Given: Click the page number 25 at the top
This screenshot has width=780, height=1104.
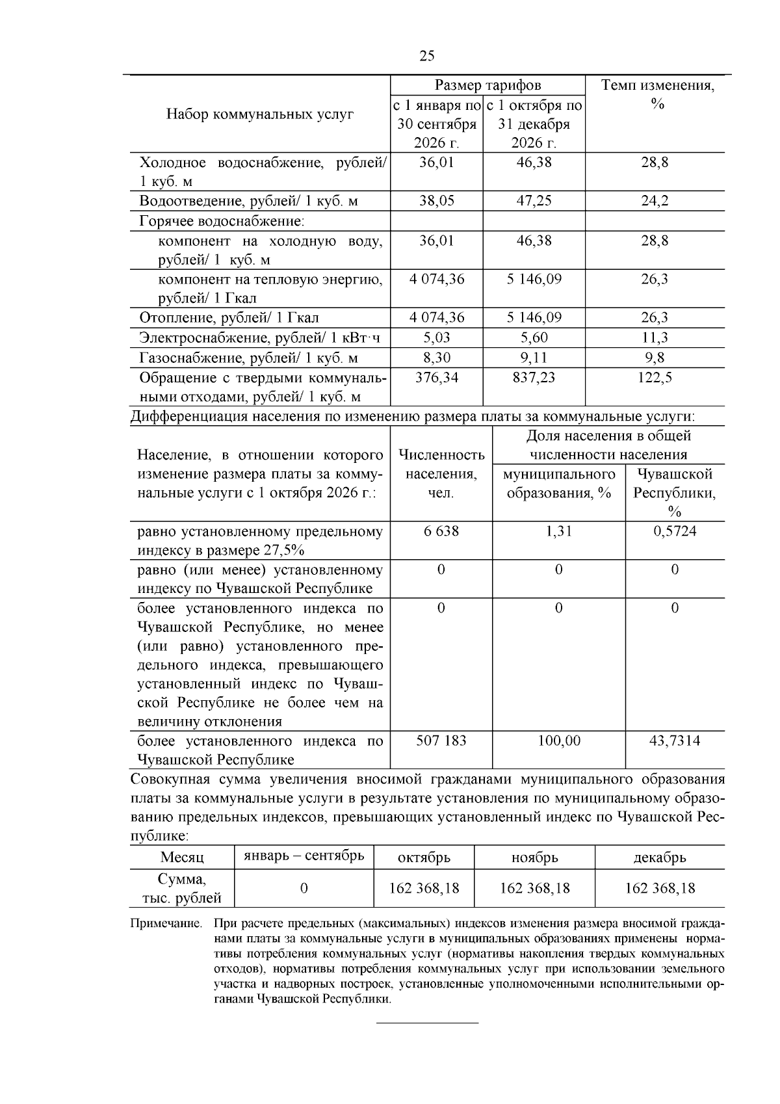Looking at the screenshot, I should click(426, 56).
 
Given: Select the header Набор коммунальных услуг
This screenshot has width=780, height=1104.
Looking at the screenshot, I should click(260, 114).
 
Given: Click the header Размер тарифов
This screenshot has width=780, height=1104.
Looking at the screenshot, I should click(487, 85).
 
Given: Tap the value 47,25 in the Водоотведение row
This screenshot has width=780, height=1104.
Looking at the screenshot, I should click(534, 201).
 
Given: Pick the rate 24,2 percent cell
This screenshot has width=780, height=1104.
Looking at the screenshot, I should click(655, 201).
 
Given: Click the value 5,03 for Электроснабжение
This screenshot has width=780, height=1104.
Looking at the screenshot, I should click(436, 337).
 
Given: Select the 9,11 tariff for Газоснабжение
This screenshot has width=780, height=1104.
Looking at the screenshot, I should click(534, 358).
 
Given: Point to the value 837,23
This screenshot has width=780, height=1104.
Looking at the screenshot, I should click(534, 378).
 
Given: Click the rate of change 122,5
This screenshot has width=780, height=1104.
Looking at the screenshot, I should click(655, 378).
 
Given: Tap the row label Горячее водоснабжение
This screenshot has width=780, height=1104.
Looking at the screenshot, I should click(222, 221).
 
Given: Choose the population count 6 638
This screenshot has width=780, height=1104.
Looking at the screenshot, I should click(441, 531).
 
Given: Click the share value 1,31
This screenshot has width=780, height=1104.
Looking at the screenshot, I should click(558, 531).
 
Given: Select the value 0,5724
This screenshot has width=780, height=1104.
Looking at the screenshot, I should click(675, 531).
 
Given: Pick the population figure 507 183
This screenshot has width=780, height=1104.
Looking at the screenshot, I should click(441, 741).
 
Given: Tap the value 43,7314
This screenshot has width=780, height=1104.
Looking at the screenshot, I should click(675, 741).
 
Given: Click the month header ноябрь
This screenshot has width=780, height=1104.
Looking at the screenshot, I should click(534, 858).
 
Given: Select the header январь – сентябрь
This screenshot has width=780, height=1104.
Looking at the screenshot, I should click(304, 856).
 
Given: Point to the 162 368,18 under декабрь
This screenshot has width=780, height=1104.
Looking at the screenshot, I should click(660, 888).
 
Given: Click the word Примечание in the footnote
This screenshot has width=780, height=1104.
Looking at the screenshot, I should click(166, 923).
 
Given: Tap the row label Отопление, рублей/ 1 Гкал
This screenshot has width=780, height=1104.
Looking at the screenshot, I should click(229, 318).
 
